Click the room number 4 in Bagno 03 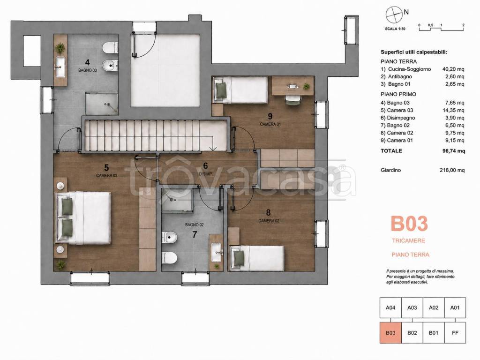(x=88, y=62)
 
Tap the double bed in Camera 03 (x=83, y=218)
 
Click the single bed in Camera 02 (x=257, y=258)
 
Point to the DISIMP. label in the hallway (x=206, y=174)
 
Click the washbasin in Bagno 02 (x=216, y=252)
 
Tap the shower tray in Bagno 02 (x=177, y=200)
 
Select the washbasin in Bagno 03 (x=60, y=67)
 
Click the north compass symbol (x=394, y=15)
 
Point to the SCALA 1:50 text (x=395, y=29)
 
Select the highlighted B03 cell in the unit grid (x=390, y=333)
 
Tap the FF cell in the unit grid (x=455, y=333)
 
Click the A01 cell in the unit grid (x=455, y=307)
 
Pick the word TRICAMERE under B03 (x=409, y=240)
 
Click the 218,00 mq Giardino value (x=452, y=170)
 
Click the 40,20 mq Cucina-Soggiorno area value (x=453, y=69)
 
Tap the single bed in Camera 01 (x=241, y=90)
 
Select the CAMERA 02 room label (x=269, y=221)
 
